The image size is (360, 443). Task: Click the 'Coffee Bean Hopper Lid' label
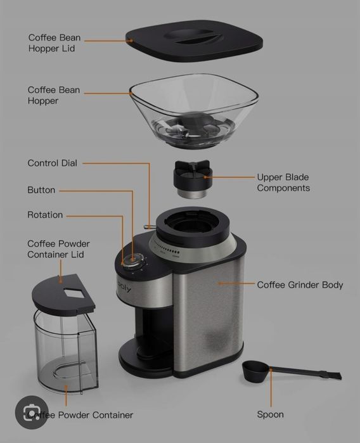pyautogui.click(x=55, y=43)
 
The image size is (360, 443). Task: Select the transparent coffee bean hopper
pyautogui.click(x=194, y=110)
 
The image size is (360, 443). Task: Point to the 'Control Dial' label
pyautogui.click(x=52, y=163)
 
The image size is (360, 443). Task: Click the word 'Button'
pyautogui.click(x=41, y=190)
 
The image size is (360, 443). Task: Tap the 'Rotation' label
pyautogui.click(x=45, y=215)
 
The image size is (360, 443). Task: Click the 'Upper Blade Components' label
pyautogui.click(x=283, y=183)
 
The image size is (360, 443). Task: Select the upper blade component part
pyautogui.click(x=192, y=179)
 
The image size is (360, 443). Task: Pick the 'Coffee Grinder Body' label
pyautogui.click(x=300, y=285)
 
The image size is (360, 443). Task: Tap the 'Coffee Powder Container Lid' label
pyautogui.click(x=58, y=249)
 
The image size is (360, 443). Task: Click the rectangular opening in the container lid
pyautogui.click(x=75, y=292)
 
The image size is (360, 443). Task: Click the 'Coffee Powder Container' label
pyautogui.click(x=80, y=415)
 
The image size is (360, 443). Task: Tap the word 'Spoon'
pyautogui.click(x=270, y=414)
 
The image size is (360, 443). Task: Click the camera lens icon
pyautogui.click(x=32, y=413)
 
